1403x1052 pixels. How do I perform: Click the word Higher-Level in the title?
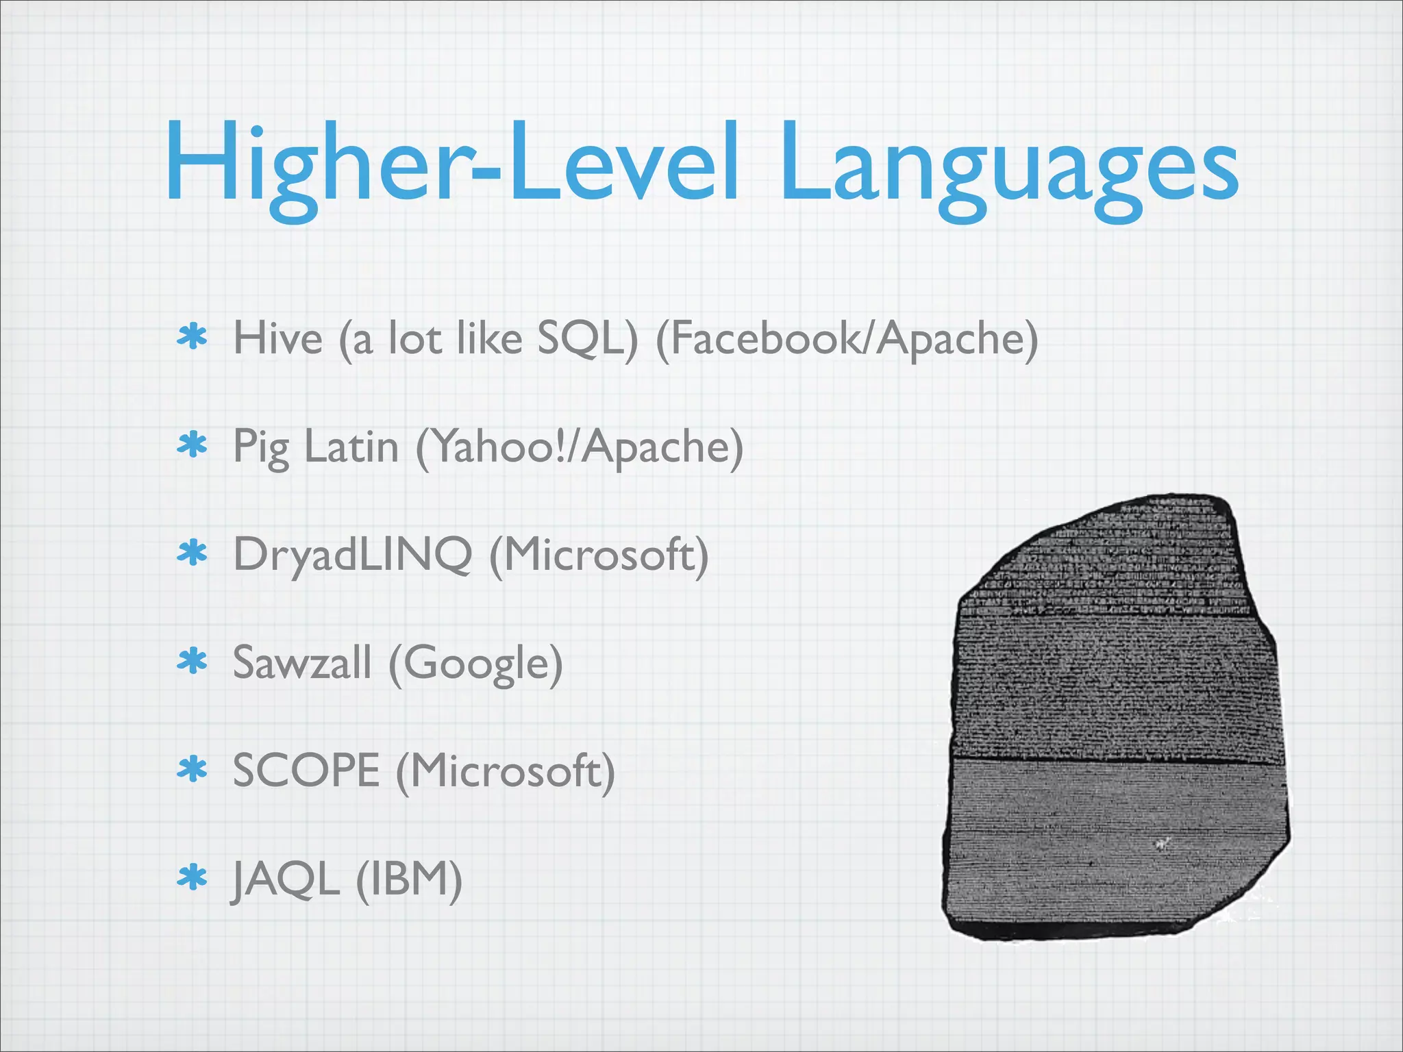coord(452,164)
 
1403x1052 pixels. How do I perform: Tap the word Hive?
coord(277,338)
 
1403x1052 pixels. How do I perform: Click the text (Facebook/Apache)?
coord(847,338)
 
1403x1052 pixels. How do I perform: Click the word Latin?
coord(351,447)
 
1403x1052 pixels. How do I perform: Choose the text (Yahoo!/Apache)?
coord(580,447)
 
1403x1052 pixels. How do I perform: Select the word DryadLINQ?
coord(353,555)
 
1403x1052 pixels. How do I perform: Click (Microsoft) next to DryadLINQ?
coord(599,555)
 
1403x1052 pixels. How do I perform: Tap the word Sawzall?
coord(302,663)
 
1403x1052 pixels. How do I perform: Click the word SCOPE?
coord(306,771)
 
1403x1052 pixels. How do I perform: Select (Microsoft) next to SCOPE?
coord(506,771)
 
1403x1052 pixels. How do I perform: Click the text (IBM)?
coord(410,879)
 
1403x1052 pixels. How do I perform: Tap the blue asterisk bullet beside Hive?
coord(193,338)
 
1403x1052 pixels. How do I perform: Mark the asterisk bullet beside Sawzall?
coord(193,662)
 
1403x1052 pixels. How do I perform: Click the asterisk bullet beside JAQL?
coord(193,878)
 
